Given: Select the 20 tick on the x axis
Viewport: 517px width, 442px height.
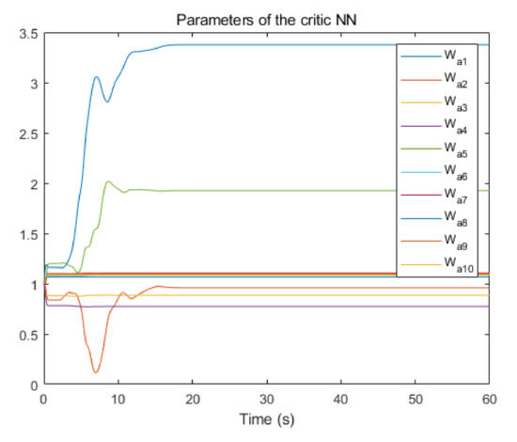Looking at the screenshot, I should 192,399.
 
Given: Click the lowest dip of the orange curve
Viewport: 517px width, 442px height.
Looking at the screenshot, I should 95,372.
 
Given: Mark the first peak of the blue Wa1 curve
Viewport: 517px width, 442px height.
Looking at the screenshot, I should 96,77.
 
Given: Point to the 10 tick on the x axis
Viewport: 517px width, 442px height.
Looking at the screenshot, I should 117,399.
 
